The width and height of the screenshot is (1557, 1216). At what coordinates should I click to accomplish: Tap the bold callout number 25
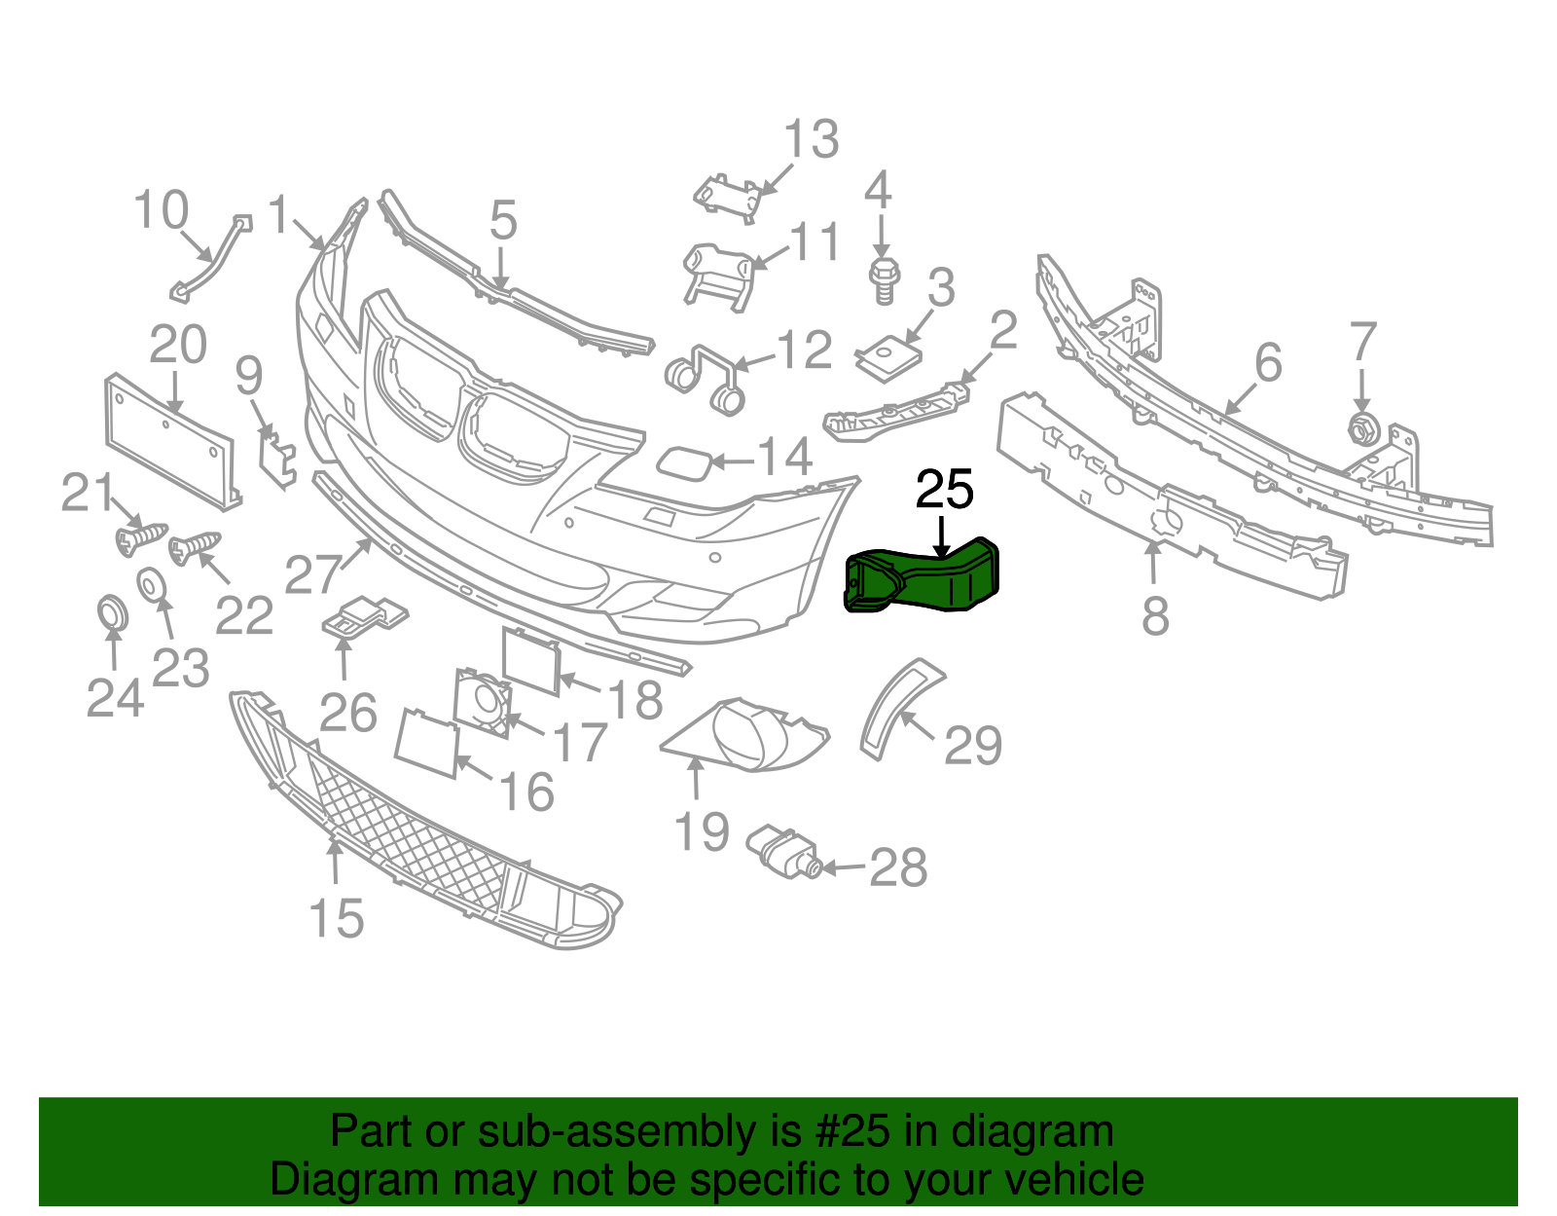click(945, 490)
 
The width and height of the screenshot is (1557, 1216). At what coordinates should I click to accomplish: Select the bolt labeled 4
click(885, 280)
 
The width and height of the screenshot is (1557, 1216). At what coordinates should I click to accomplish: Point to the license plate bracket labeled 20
click(172, 441)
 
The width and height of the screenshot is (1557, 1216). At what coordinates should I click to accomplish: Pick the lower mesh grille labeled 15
click(422, 821)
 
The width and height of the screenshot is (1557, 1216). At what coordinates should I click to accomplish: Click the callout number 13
click(812, 138)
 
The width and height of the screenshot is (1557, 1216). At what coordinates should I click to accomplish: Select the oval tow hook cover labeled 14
click(684, 464)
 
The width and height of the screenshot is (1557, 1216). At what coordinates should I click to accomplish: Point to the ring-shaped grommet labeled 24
click(112, 612)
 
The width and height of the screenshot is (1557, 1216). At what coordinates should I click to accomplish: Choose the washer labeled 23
click(151, 586)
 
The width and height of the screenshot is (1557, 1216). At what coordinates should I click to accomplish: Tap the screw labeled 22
click(195, 548)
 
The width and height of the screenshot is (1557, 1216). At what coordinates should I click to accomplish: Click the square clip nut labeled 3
click(888, 358)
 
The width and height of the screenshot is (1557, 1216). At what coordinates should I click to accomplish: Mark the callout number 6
click(1268, 362)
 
